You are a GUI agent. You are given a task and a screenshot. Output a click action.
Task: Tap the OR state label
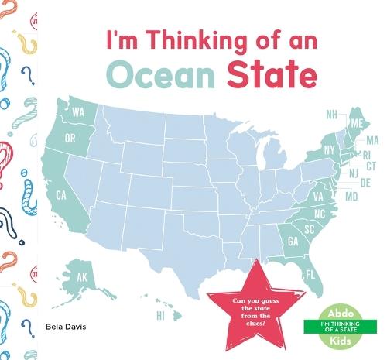tap(70, 139)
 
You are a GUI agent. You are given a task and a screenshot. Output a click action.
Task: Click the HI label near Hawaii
tap(161, 316)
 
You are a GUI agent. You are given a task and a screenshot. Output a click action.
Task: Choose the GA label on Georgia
tap(293, 241)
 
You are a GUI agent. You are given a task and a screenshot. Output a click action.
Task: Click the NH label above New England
tap(331, 115)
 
